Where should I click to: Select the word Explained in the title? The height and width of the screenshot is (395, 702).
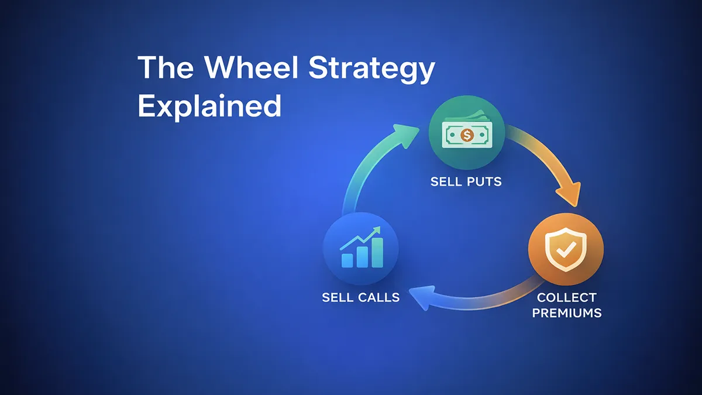(x=209, y=107)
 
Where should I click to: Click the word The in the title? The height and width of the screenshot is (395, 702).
(x=163, y=68)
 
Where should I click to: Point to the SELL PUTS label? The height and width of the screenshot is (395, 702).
(x=466, y=181)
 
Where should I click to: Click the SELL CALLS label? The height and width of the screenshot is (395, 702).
(x=361, y=297)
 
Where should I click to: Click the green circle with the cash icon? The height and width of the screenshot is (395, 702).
(x=466, y=133)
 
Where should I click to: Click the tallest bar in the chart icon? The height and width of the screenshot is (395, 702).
(x=377, y=252)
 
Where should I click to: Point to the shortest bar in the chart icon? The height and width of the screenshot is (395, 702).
(x=347, y=260)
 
